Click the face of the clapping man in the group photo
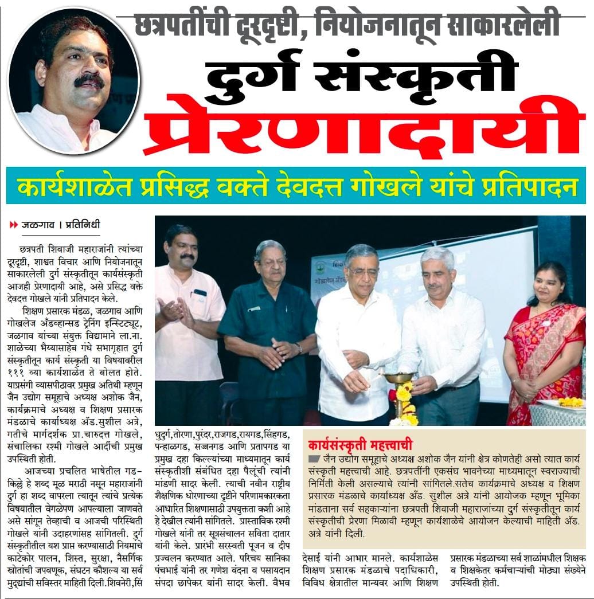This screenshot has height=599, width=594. pos(181,247)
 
